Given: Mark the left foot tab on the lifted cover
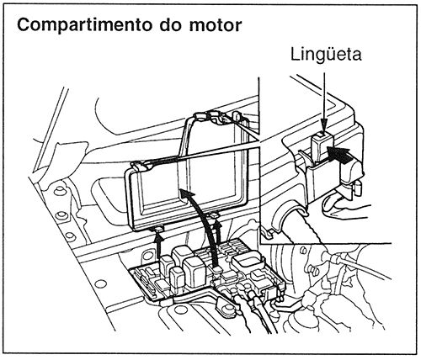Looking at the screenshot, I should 157,228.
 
